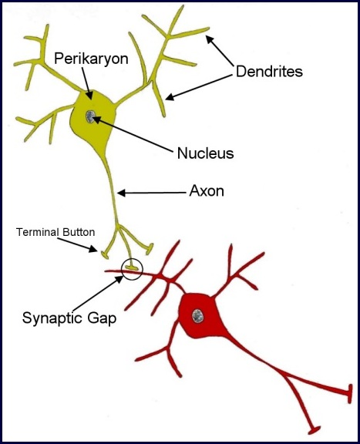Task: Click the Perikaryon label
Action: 91,59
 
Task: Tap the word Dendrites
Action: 269,72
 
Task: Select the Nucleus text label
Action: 205,153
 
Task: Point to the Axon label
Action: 207,191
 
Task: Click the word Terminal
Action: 38,232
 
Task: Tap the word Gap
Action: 102,318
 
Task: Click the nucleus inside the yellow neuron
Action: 90,116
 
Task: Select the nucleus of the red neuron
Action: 197,316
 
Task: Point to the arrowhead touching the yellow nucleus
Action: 96,119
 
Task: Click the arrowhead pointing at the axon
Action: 121,193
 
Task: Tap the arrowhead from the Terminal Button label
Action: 93,249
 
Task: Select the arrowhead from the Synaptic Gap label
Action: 119,279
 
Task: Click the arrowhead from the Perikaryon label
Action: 89,96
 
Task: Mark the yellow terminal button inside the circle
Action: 132,267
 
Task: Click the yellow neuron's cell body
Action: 92,119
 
